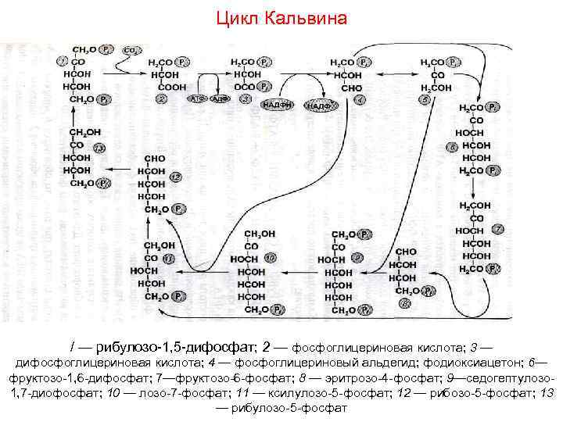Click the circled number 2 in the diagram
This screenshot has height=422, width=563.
click(162, 99)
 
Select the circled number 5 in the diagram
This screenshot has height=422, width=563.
click(425, 99)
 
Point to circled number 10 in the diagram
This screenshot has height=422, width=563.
click(271, 257)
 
